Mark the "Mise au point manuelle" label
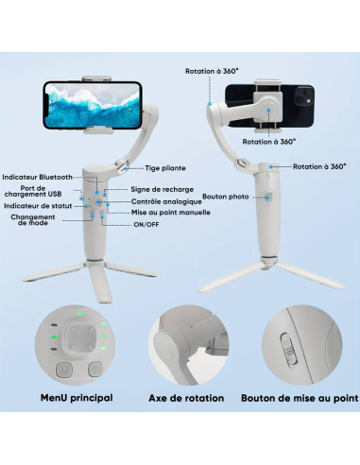[170, 213]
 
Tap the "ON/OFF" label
[146, 225]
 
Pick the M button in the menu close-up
[63, 369]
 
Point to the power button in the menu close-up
[95, 369]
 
